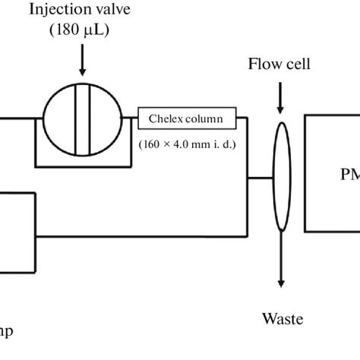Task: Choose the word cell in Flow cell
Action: click(x=292, y=63)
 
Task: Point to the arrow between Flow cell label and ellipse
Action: click(x=280, y=95)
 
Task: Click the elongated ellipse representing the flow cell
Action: click(x=280, y=176)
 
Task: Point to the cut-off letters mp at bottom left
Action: click(x=6, y=332)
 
